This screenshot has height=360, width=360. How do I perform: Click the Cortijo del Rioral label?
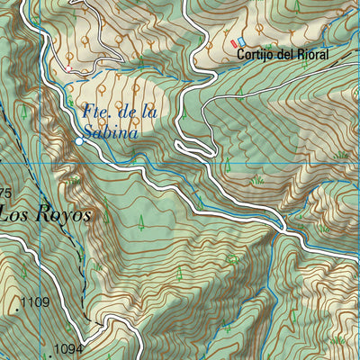coord(283,55)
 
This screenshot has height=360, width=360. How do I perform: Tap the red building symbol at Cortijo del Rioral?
coord(235,42)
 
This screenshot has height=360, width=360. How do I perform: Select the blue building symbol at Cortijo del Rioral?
coord(241,42)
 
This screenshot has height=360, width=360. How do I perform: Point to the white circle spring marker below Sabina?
coord(79,141)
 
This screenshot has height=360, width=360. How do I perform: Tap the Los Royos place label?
coord(45,215)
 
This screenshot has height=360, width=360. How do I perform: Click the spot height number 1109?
coord(34,302)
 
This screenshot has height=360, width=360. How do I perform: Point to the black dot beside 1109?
coord(16,308)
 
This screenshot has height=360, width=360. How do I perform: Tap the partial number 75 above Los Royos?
coord(4,193)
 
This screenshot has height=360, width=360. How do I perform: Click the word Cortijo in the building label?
coord(256,55)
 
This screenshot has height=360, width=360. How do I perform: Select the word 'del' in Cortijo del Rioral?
coord(283,55)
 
